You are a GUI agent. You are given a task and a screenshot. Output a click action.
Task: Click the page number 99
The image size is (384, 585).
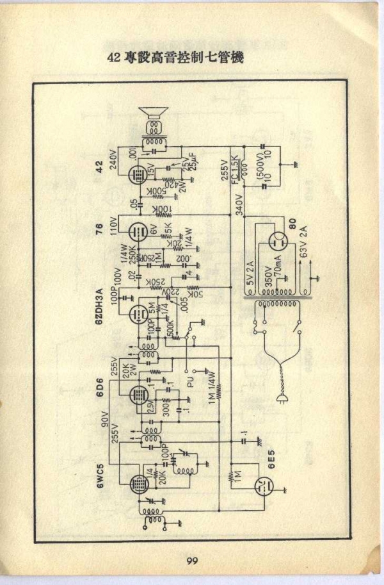point(192,561)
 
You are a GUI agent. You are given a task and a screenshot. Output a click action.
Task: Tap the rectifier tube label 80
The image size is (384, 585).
point(292,227)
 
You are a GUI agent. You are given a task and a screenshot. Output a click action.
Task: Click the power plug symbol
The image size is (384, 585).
point(280,399)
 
